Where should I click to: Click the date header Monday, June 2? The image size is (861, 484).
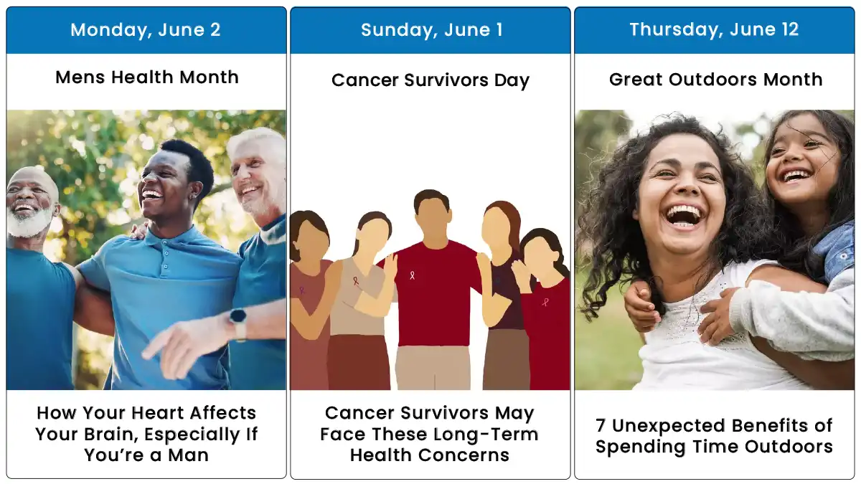(146, 30)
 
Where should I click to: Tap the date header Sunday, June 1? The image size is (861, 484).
(432, 30)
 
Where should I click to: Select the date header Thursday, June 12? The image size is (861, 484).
(714, 29)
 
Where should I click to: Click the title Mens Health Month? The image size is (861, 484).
(147, 77)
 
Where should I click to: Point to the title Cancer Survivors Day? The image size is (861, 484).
(430, 80)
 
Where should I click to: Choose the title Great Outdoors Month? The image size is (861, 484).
(716, 80)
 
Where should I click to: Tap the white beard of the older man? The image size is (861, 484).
(29, 222)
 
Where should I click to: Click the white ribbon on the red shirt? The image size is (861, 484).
(412, 275)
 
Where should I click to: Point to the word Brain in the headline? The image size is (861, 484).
(110, 435)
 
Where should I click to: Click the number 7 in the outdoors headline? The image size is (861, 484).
(601, 426)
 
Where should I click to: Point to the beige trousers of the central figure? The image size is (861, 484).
(433, 368)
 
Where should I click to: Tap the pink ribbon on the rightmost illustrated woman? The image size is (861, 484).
(545, 303)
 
